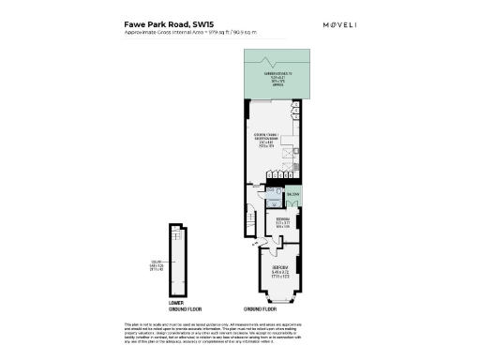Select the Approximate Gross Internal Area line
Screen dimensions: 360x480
(190, 34)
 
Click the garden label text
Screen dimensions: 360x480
(270, 75)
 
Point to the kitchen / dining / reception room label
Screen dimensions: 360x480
(269, 141)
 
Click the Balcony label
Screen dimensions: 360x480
(292, 194)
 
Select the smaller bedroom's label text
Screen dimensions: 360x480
(283, 223)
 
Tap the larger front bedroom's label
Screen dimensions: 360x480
(273, 273)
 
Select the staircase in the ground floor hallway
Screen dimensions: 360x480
(250, 223)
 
